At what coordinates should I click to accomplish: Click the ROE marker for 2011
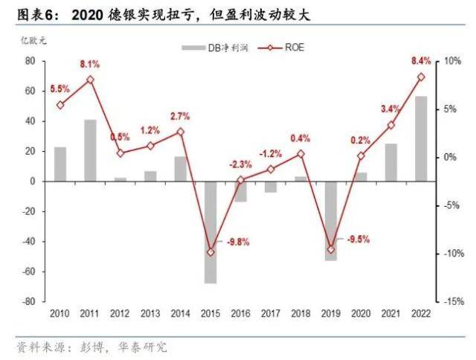[x=90, y=79]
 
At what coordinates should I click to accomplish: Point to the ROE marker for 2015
[x=210, y=252]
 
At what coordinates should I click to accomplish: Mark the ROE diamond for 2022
[x=421, y=77]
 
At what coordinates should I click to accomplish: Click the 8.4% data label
[x=421, y=60]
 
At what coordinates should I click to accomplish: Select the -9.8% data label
[x=238, y=241]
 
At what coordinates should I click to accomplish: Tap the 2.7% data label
[x=181, y=116]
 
